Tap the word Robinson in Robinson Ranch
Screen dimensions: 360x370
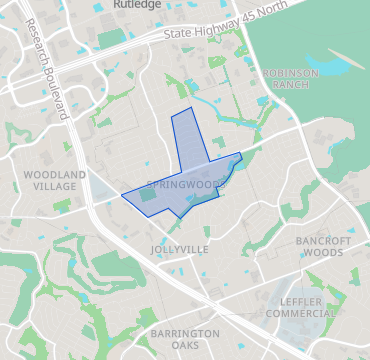[291, 72]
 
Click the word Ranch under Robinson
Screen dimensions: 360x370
[291, 85]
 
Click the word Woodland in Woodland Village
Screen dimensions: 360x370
[47, 174]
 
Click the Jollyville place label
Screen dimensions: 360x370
[180, 247]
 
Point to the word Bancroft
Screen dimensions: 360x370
[323, 241]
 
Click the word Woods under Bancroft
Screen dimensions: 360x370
[323, 253]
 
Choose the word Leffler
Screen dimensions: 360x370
[300, 301]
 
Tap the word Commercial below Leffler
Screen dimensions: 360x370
[300, 314]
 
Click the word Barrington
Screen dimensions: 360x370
[185, 333]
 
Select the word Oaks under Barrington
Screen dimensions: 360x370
[185, 346]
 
